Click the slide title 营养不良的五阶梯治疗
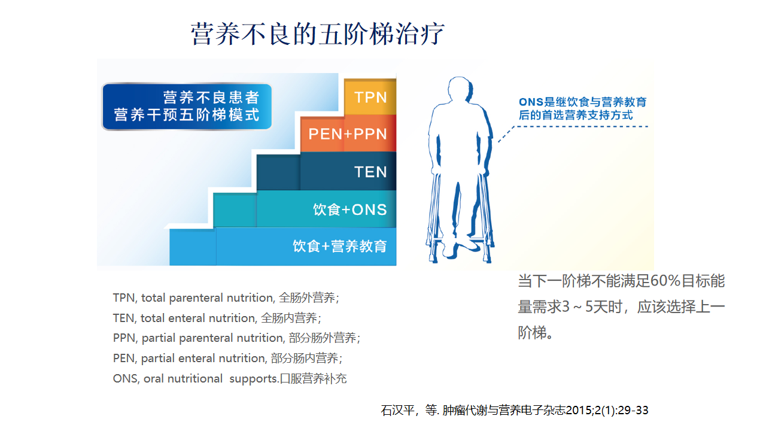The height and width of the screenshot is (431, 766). (x=317, y=34)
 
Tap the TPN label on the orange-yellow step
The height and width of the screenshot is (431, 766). (x=370, y=98)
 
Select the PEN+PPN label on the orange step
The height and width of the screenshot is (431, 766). (x=348, y=134)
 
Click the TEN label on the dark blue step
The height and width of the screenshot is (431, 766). (x=370, y=172)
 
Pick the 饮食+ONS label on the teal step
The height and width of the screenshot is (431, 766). (x=350, y=210)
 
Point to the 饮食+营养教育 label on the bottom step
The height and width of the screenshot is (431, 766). (x=340, y=246)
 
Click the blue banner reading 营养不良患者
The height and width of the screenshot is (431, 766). (x=187, y=107)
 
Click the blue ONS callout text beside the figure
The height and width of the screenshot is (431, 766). (x=582, y=108)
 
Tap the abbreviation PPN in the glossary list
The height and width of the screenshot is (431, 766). (x=124, y=338)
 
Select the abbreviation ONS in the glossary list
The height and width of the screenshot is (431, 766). (x=125, y=379)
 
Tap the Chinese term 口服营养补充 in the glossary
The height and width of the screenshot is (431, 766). (x=313, y=379)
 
